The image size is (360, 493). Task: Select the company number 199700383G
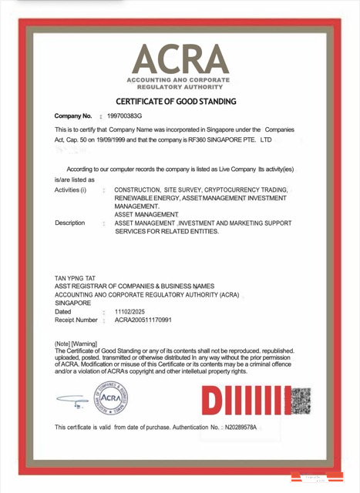point(124,116)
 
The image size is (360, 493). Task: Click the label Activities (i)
point(71,189)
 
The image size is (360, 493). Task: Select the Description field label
point(70,223)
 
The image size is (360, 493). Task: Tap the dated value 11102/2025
point(130,311)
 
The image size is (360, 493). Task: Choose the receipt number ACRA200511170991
point(143,320)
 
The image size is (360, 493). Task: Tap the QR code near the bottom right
point(300,401)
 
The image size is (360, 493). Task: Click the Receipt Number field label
point(76,320)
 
